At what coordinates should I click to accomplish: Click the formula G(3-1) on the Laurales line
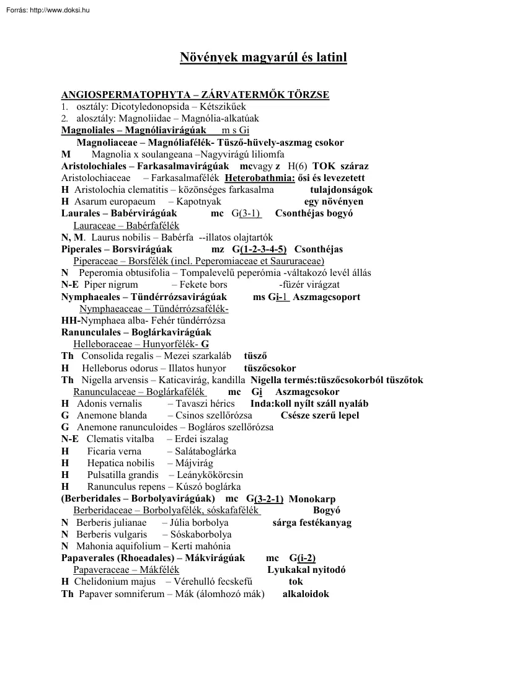pyautogui.click(x=246, y=213)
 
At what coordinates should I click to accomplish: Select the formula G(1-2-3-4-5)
pyautogui.click(x=259, y=249)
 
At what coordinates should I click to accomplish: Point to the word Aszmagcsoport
pyautogui.click(x=326, y=297)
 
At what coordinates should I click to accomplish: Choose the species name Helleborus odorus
pyautogui.click(x=120, y=368)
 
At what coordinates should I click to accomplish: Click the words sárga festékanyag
pyautogui.click(x=312, y=523)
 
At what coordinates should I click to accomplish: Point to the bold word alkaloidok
pyautogui.click(x=306, y=594)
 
